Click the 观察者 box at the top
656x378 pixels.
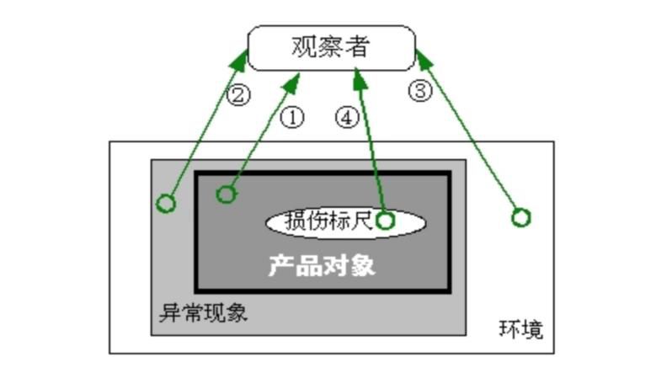[x=331, y=47]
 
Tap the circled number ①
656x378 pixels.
[x=291, y=117]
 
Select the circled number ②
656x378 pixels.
[x=238, y=94]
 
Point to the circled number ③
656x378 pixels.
[x=420, y=91]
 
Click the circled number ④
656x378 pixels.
[x=347, y=117]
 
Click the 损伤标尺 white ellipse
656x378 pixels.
[x=346, y=222]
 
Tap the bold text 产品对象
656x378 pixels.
[x=322, y=265]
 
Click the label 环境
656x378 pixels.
[x=520, y=328]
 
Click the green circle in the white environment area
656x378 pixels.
[x=521, y=218]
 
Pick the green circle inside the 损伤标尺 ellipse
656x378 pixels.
[x=385, y=221]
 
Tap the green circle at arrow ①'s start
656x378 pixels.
[x=226, y=195]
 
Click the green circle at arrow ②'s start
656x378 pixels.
[x=167, y=203]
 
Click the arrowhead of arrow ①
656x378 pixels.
[x=296, y=78]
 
